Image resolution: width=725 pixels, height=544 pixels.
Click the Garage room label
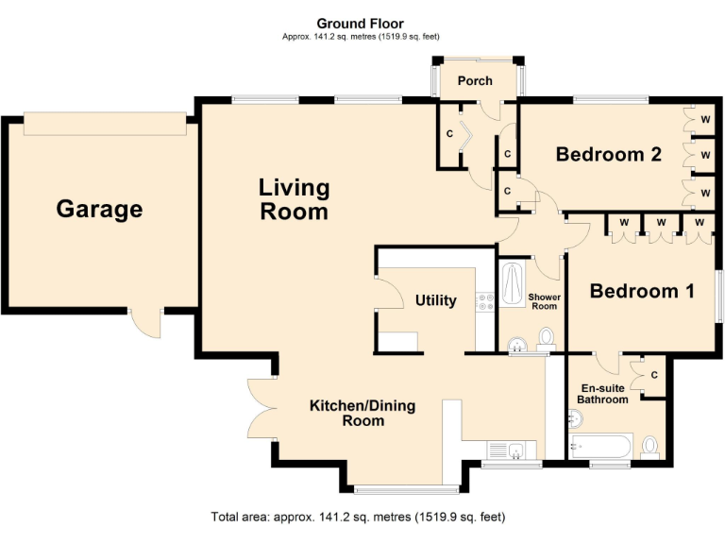[x=99, y=209]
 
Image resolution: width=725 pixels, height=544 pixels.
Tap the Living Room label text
[x=295, y=199]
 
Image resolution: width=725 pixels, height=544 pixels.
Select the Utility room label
[x=435, y=300]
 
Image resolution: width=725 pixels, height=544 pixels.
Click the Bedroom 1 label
[x=642, y=291]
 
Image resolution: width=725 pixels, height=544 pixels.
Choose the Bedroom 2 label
[x=608, y=154]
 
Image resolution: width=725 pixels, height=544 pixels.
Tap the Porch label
[x=475, y=80]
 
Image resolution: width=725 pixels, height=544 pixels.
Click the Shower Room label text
[x=545, y=301]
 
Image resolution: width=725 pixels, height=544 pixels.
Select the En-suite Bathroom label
[x=602, y=393]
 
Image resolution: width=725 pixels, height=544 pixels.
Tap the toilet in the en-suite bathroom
[x=649, y=446]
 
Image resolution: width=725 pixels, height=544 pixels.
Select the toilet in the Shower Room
[x=546, y=337]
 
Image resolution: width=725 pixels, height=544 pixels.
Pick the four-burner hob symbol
[x=485, y=302]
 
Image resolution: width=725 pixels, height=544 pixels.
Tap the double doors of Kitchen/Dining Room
[x=259, y=409]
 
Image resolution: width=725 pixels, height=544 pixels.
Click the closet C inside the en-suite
[x=653, y=377]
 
